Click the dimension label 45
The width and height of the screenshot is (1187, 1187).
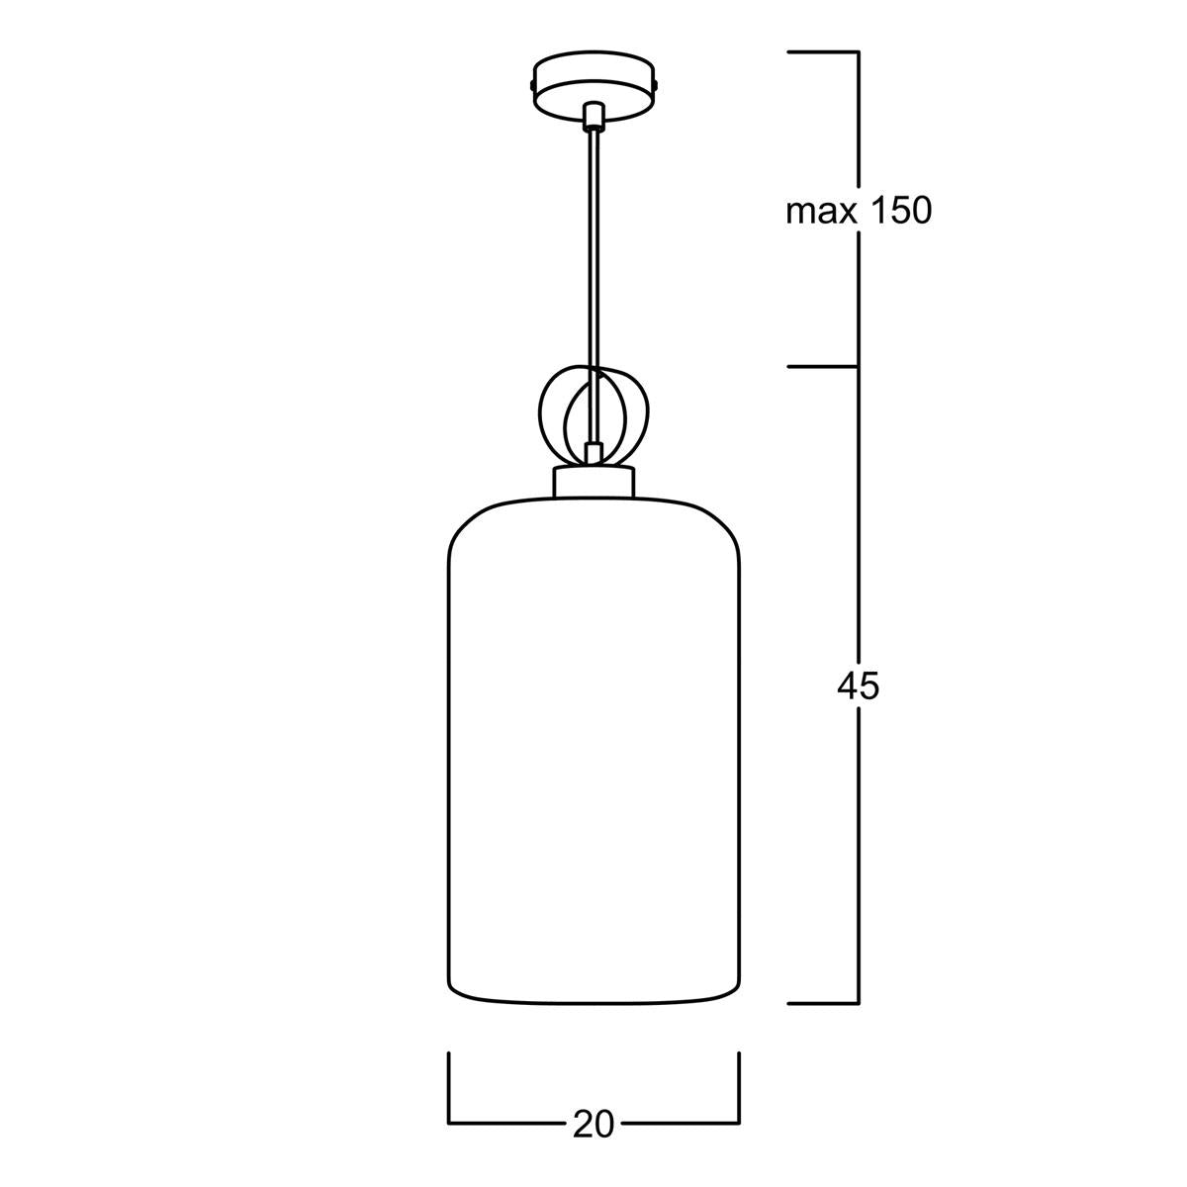[858, 685]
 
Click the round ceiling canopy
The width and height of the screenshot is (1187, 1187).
[593, 86]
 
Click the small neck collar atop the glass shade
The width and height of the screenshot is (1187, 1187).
[593, 483]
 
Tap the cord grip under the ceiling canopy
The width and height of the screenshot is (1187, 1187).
[593, 116]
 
